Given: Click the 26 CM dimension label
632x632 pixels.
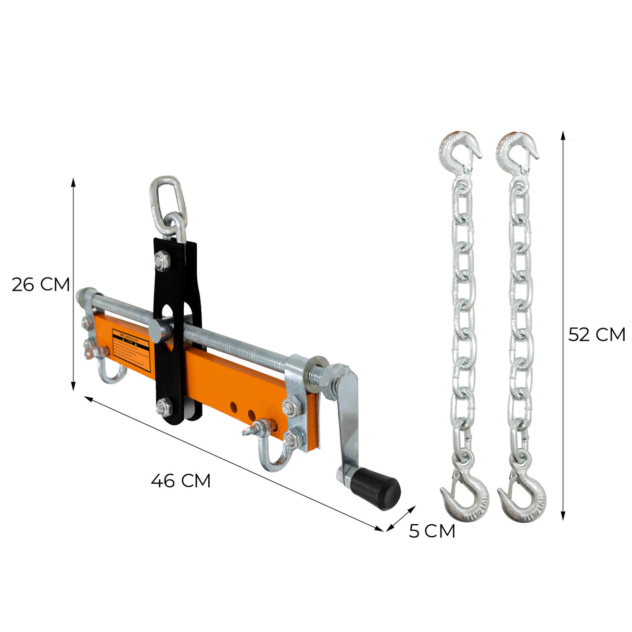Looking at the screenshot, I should [41, 285].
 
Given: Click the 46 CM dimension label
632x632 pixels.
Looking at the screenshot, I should [181, 480].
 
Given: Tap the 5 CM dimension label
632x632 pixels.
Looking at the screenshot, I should [432, 531].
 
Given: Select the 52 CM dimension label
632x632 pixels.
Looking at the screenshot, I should [596, 334].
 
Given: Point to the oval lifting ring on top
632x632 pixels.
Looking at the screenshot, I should [165, 198].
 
